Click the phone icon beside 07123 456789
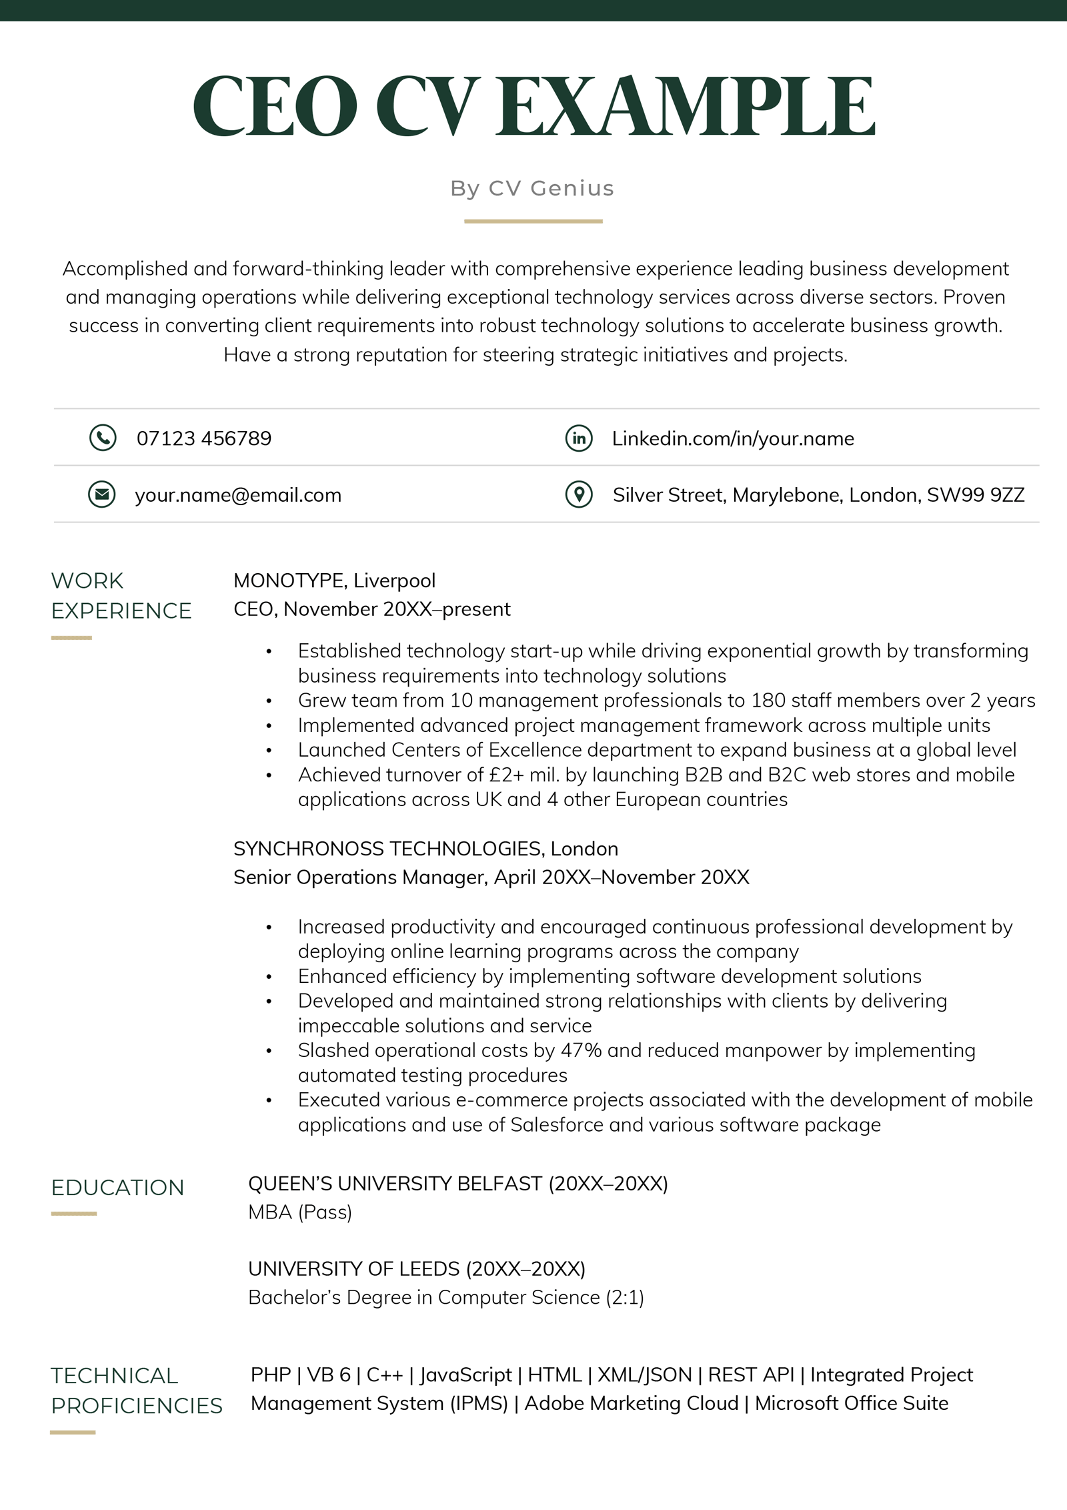click(103, 438)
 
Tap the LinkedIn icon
click(579, 438)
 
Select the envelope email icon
click(102, 494)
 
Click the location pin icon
click(579, 494)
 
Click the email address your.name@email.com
click(238, 495)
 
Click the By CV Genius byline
click(532, 188)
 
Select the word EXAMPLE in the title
click(686, 105)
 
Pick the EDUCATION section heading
click(117, 1188)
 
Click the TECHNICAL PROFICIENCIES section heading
click(136, 1391)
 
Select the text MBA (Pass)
click(300, 1212)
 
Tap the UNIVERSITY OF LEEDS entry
click(354, 1268)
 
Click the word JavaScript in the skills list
click(465, 1375)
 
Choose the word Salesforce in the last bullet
click(557, 1125)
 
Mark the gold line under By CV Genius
click(533, 221)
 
